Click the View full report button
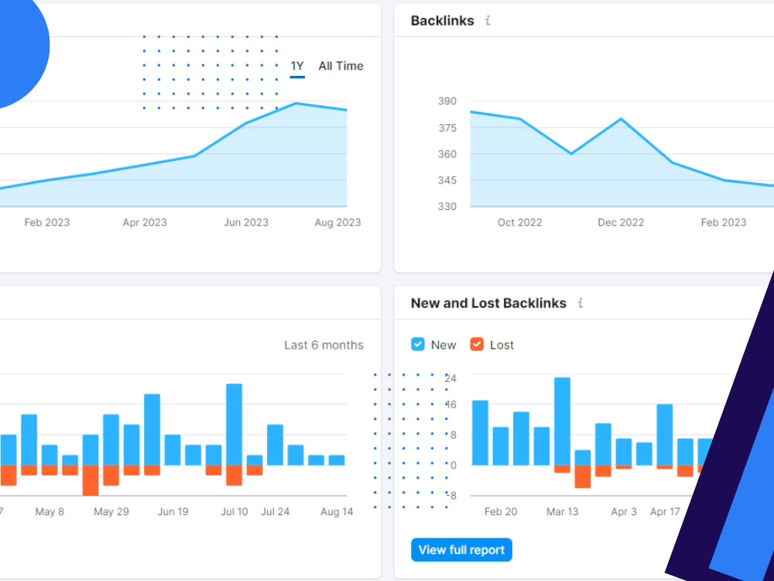461,550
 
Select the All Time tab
341,66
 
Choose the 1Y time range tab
297,66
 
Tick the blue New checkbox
418,345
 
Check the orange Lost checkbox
477,345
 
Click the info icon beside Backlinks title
488,21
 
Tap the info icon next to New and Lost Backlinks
580,303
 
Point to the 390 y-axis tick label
447,101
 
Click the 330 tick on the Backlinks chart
447,207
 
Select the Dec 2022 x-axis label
621,222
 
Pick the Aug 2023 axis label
337,222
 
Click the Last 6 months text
324,345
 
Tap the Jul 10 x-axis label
234,512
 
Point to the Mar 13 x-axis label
562,512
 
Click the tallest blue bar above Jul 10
234,425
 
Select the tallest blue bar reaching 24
562,421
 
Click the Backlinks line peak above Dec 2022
621,119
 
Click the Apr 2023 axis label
145,222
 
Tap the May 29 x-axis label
111,512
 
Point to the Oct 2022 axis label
520,222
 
